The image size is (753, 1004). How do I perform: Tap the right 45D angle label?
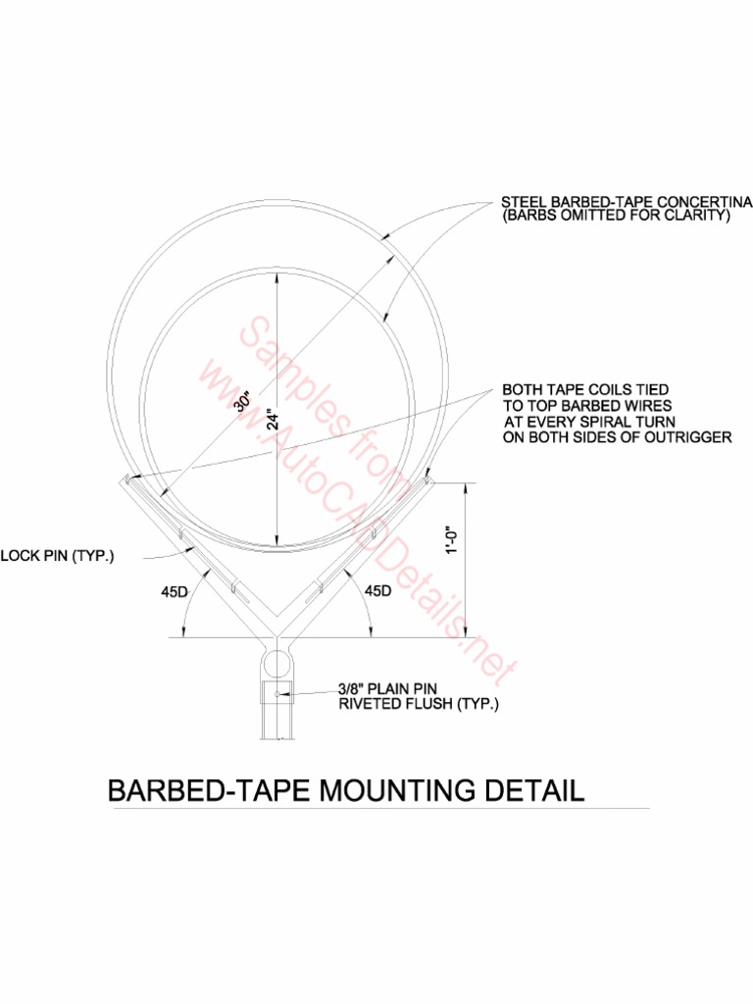click(377, 591)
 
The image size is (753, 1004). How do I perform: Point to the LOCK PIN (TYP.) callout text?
click(58, 557)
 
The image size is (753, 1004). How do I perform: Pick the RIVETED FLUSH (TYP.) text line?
click(419, 704)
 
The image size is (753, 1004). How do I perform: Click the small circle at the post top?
click(277, 662)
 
